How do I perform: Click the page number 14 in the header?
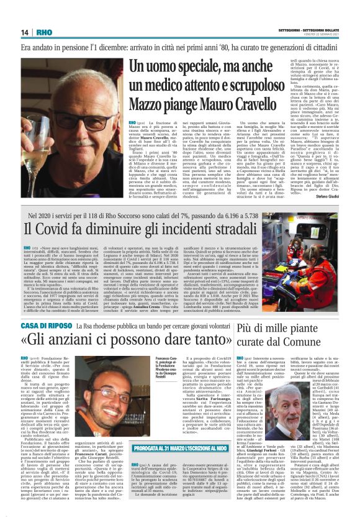coord(25,32)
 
